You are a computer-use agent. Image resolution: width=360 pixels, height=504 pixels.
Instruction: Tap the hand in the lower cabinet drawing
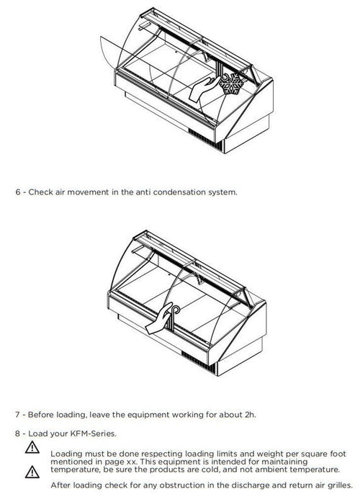[159, 318]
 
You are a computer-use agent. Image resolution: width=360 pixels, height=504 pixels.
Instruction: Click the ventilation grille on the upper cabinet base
[204, 140]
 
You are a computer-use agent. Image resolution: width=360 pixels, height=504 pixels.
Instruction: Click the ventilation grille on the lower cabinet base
[198, 362]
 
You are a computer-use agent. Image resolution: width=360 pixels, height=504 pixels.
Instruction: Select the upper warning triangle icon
[32, 447]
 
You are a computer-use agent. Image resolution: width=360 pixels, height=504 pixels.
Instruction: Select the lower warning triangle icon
[32, 472]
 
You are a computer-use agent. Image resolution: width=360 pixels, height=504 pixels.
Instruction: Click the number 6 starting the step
[18, 192]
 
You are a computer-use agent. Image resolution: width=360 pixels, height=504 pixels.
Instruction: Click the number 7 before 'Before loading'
[17, 415]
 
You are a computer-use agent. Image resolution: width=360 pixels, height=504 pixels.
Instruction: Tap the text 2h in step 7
[249, 415]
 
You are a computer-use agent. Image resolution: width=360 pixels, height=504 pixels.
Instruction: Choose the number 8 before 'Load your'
[18, 433]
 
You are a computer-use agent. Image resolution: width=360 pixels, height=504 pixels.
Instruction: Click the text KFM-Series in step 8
[93, 433]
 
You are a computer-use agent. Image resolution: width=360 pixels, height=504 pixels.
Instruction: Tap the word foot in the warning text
[338, 454]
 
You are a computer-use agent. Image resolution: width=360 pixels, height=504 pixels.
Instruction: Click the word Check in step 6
[41, 192]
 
